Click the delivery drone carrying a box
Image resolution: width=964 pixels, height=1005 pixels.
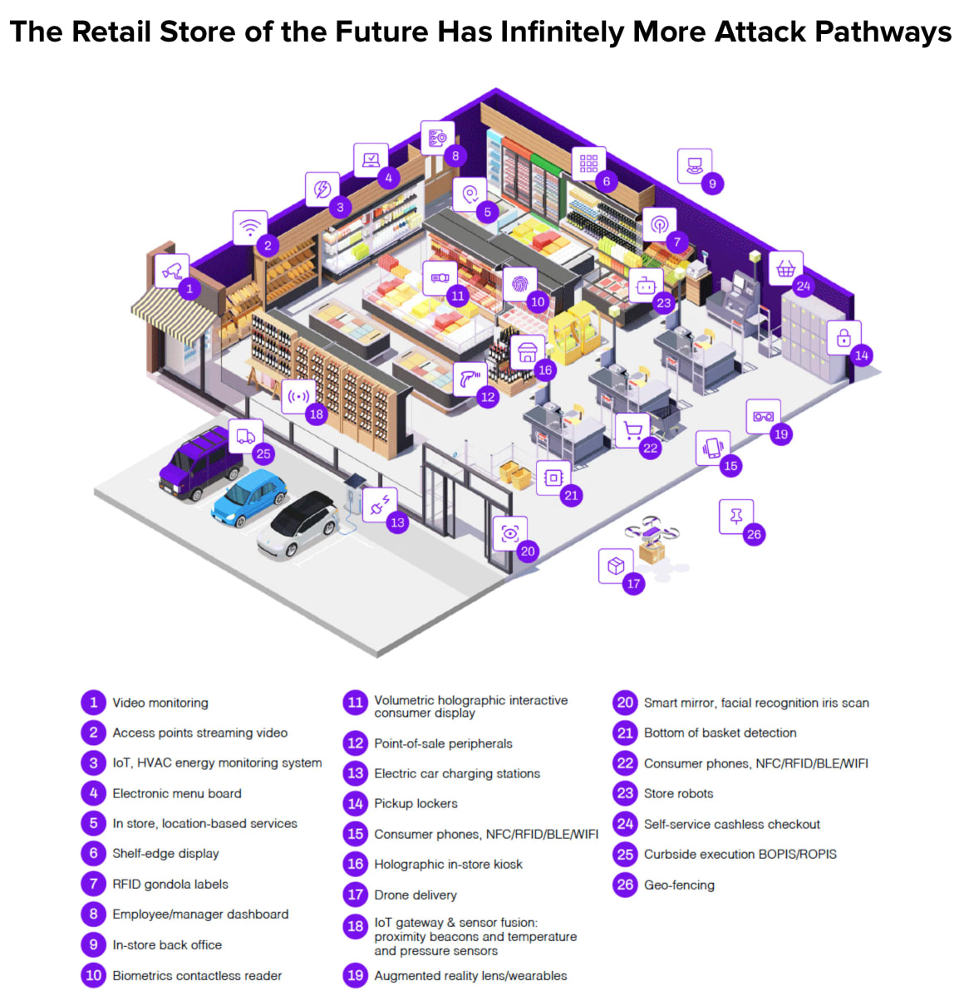(652, 538)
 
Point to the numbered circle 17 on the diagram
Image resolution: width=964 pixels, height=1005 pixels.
(633, 583)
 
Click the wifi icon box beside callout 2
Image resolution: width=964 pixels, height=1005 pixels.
(249, 226)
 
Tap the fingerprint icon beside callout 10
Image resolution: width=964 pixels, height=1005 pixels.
(520, 284)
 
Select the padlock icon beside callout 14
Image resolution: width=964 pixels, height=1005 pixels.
(843, 337)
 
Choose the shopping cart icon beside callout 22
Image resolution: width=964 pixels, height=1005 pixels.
(632, 430)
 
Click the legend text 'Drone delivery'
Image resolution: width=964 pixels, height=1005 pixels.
(415, 895)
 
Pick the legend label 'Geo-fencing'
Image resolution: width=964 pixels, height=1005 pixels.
(679, 885)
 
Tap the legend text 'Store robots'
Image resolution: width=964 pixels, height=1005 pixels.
(678, 793)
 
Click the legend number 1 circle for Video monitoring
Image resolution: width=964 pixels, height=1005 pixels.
(93, 703)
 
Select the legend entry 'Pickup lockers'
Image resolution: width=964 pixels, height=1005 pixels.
(416, 803)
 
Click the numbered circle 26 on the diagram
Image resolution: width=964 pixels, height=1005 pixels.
(754, 534)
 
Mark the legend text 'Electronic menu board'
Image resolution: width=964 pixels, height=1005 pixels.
(177, 793)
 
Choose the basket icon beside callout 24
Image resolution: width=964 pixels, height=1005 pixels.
(785, 268)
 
